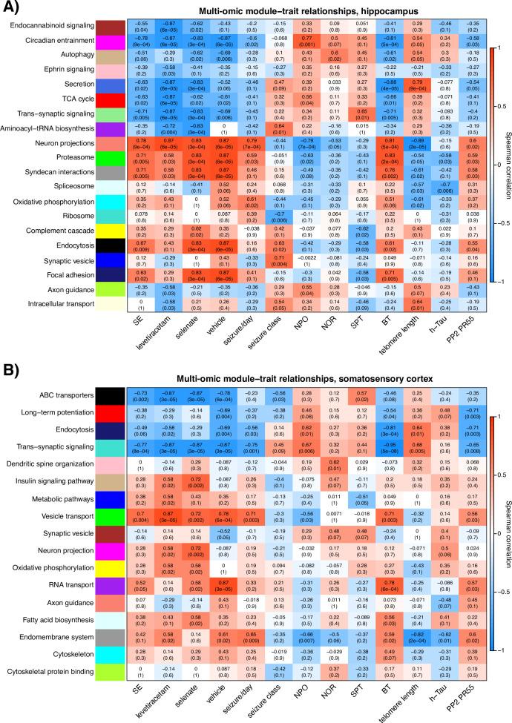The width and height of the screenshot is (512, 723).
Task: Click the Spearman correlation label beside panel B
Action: [504, 532]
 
